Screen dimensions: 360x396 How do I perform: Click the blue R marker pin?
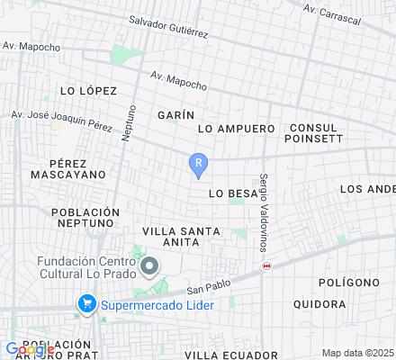198,164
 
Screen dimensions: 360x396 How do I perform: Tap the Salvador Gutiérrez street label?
169,26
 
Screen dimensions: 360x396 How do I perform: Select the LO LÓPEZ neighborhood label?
88,91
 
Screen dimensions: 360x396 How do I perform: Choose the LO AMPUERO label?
236,129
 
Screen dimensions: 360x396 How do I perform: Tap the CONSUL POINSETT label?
313,133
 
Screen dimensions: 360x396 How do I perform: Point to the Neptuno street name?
129,121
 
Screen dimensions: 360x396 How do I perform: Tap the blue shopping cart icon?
87,303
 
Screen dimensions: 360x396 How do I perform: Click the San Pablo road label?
203,285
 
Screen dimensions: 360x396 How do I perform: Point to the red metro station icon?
266,265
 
